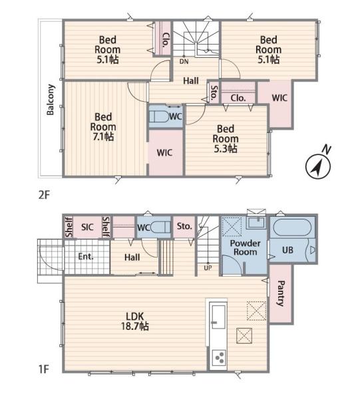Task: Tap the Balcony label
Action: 50,100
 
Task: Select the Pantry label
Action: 281,293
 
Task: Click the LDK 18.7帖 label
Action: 135,321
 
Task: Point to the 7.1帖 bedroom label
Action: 103,127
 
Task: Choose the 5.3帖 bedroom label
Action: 226,139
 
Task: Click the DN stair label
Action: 184,61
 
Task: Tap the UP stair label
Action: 208,268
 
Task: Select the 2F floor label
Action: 44,195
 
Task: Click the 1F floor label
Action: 43,369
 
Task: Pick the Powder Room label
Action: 245,247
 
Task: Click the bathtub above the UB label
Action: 291,227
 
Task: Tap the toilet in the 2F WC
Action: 160,117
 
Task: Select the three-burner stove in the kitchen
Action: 219,358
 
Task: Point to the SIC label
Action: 87,227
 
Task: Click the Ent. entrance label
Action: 86,256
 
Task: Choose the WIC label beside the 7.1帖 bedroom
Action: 164,153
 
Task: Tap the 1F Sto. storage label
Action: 184,226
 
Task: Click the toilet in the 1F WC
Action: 160,227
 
